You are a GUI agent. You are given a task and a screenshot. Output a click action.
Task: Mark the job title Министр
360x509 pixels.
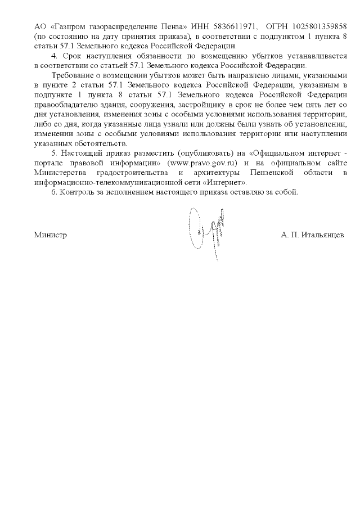50,235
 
